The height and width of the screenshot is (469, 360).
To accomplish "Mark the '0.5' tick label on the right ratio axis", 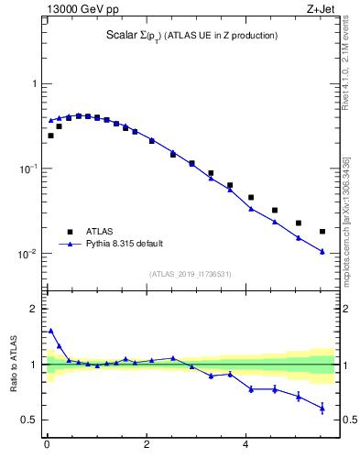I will pyautogui.click(x=347, y=420).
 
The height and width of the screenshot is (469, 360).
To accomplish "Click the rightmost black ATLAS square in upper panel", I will pyautogui.click(x=322, y=232).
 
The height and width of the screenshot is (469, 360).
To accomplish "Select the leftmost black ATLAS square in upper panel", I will pyautogui.click(x=50, y=136).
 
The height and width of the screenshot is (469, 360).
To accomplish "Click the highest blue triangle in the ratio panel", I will pyautogui.click(x=50, y=331).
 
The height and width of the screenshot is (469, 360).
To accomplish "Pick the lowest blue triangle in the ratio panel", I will pyautogui.click(x=322, y=408).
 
